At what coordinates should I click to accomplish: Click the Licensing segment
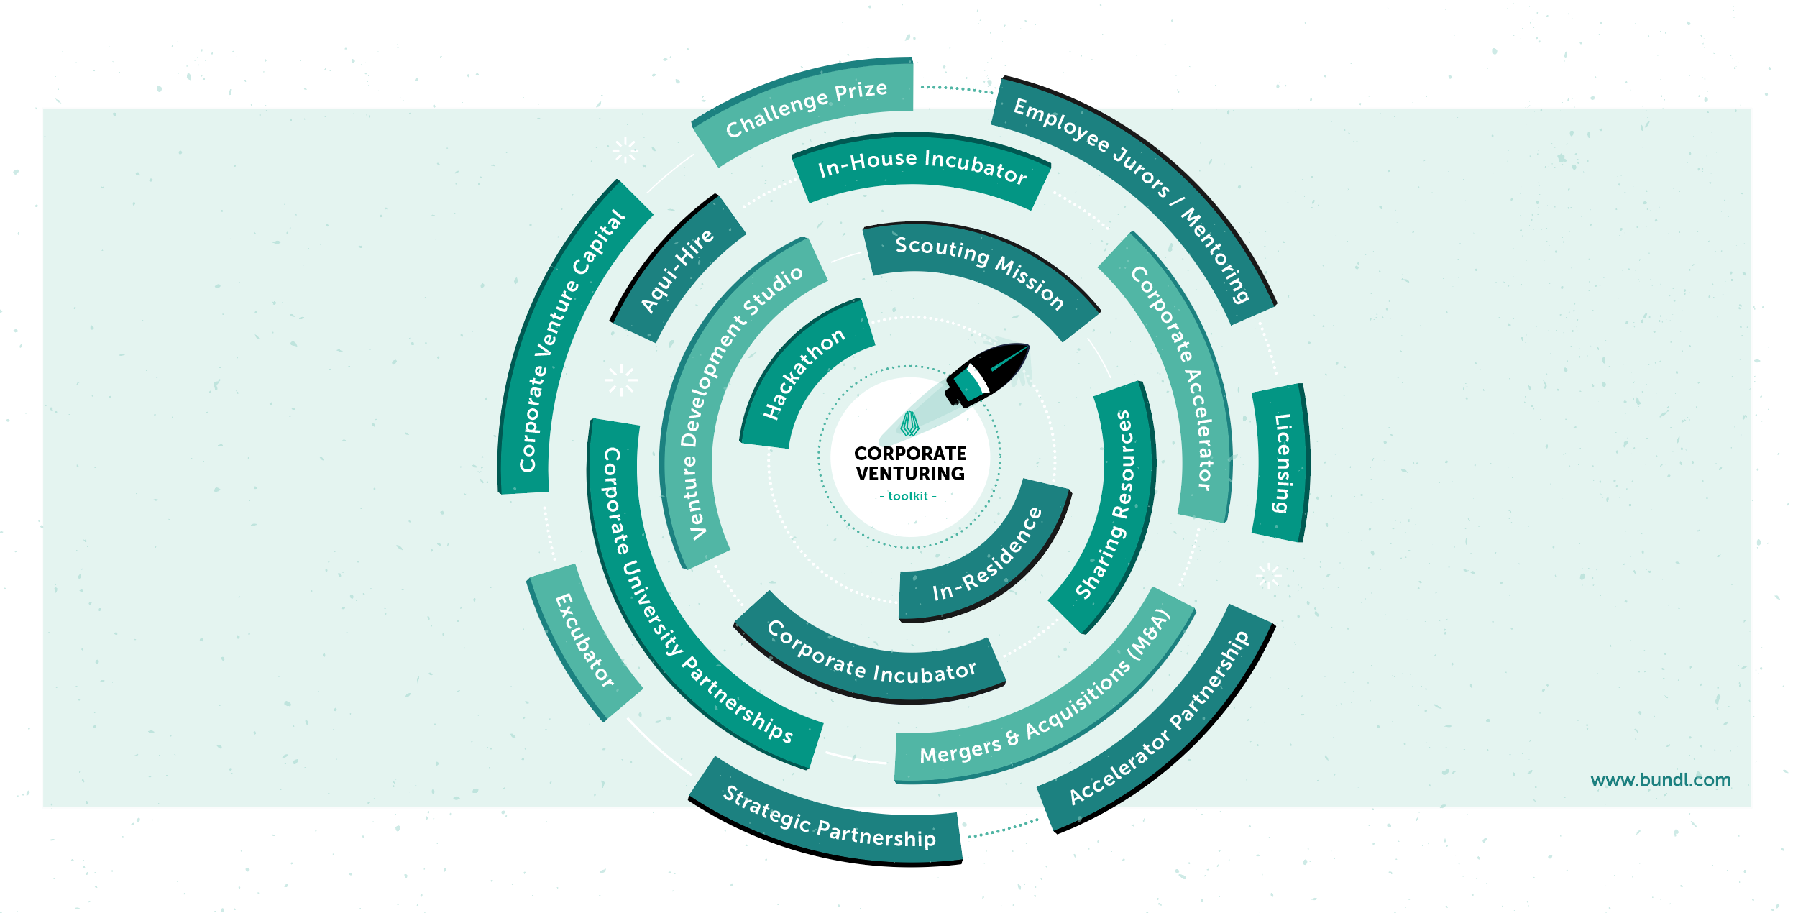point(1281,463)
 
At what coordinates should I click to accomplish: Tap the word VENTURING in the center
point(910,474)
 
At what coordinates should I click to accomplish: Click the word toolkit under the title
point(908,496)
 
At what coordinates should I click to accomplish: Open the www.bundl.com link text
point(1661,780)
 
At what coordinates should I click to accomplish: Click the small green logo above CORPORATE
point(910,424)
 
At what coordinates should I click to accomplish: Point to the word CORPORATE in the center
point(910,454)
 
